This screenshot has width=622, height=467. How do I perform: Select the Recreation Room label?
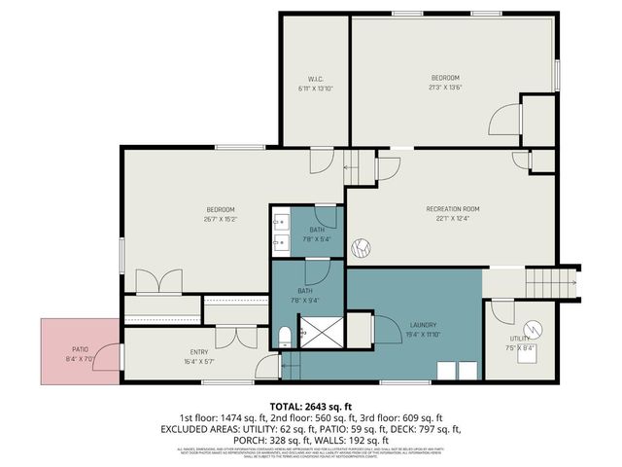(x=453, y=209)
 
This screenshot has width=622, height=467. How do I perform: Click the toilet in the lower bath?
(x=284, y=337)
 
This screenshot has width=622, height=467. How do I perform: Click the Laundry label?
(x=423, y=325)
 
